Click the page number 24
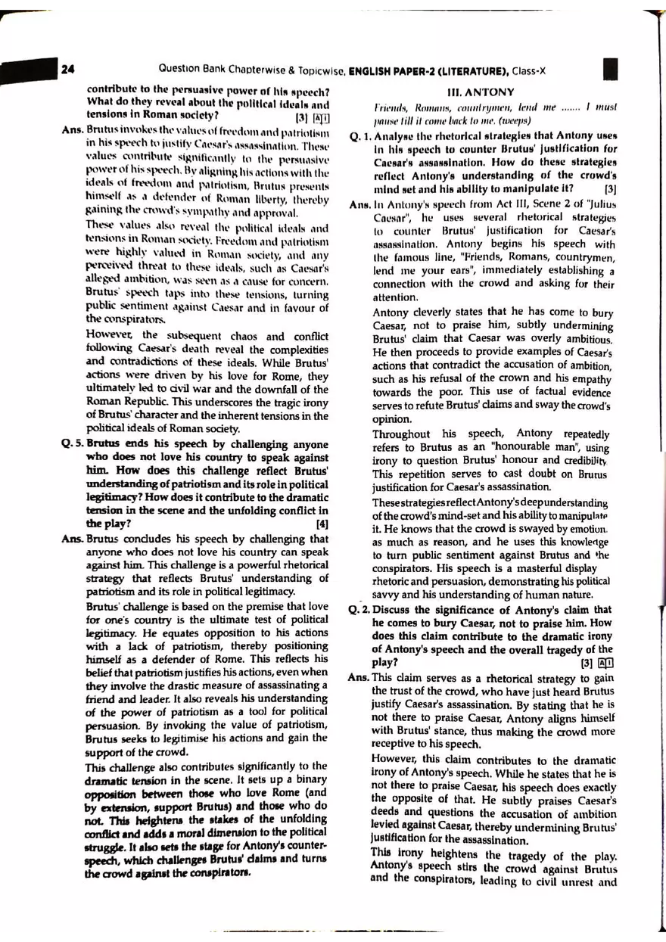[67, 70]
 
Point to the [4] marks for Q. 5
[322, 523]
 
